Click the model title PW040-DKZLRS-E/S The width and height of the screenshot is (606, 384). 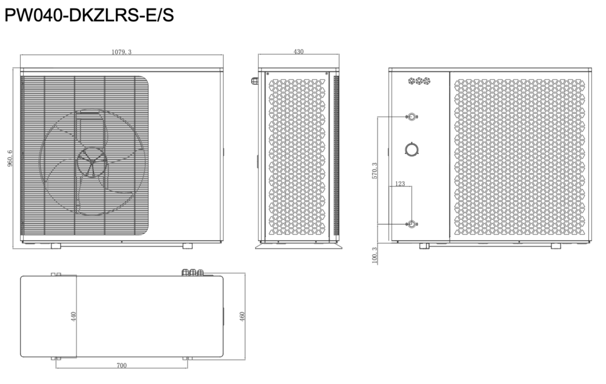click(x=89, y=15)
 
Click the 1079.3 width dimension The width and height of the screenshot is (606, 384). click(x=121, y=52)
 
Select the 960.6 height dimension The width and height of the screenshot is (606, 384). click(x=10, y=158)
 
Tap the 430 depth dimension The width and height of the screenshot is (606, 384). click(x=298, y=52)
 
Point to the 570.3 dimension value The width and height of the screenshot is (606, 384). click(x=375, y=170)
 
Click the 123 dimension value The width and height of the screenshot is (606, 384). click(x=400, y=184)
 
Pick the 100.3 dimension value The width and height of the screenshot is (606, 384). click(x=375, y=256)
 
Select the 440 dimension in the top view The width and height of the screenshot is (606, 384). click(x=73, y=316)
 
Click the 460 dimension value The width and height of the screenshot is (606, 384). click(x=242, y=316)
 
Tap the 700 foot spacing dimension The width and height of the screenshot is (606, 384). click(x=121, y=365)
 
